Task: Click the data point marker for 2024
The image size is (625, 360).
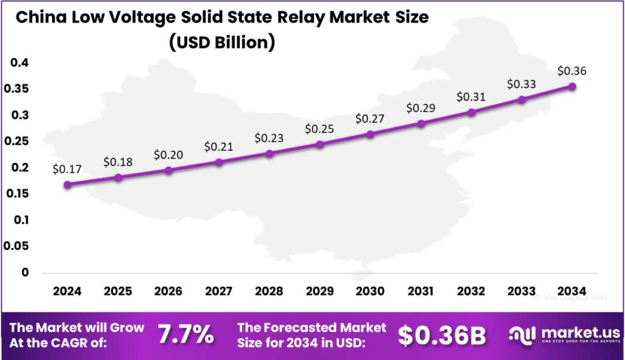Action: click(67, 184)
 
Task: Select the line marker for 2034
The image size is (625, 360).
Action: click(572, 87)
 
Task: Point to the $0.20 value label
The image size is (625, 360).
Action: click(168, 154)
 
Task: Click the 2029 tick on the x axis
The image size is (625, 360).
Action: click(319, 291)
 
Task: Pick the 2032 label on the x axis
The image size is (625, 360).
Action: click(471, 291)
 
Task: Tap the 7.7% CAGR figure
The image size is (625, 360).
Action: click(186, 334)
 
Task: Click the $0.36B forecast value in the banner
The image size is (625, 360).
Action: click(442, 335)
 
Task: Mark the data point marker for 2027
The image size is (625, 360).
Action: click(219, 162)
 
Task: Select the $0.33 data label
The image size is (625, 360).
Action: click(522, 84)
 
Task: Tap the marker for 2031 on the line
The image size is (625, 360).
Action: click(421, 123)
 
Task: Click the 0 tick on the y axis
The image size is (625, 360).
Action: click(25, 272)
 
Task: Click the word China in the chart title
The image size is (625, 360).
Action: click(38, 18)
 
